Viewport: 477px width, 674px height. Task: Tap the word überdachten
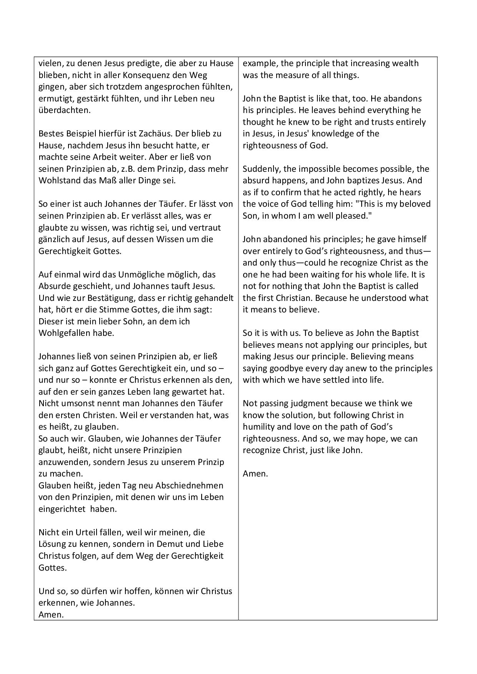64,110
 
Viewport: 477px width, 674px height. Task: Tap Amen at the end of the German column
51,614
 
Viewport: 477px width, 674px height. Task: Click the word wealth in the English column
405,63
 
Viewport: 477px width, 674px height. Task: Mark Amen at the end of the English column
255,474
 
